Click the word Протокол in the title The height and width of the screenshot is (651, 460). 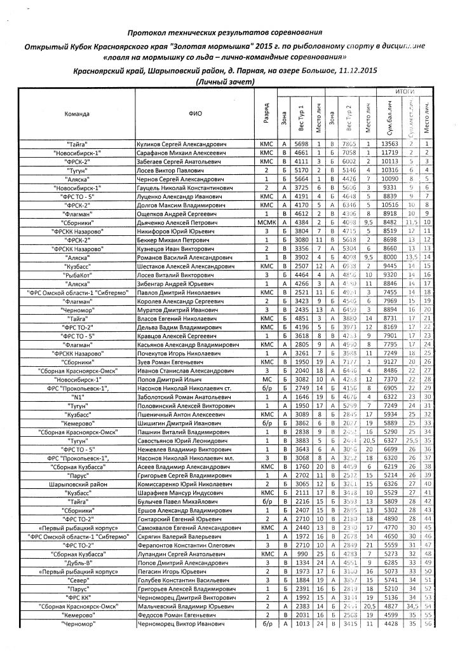147,32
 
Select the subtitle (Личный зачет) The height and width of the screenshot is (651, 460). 227,82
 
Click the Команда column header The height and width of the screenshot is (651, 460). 77,115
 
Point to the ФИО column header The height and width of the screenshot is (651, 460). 195,115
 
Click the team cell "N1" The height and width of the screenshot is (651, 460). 77,396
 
